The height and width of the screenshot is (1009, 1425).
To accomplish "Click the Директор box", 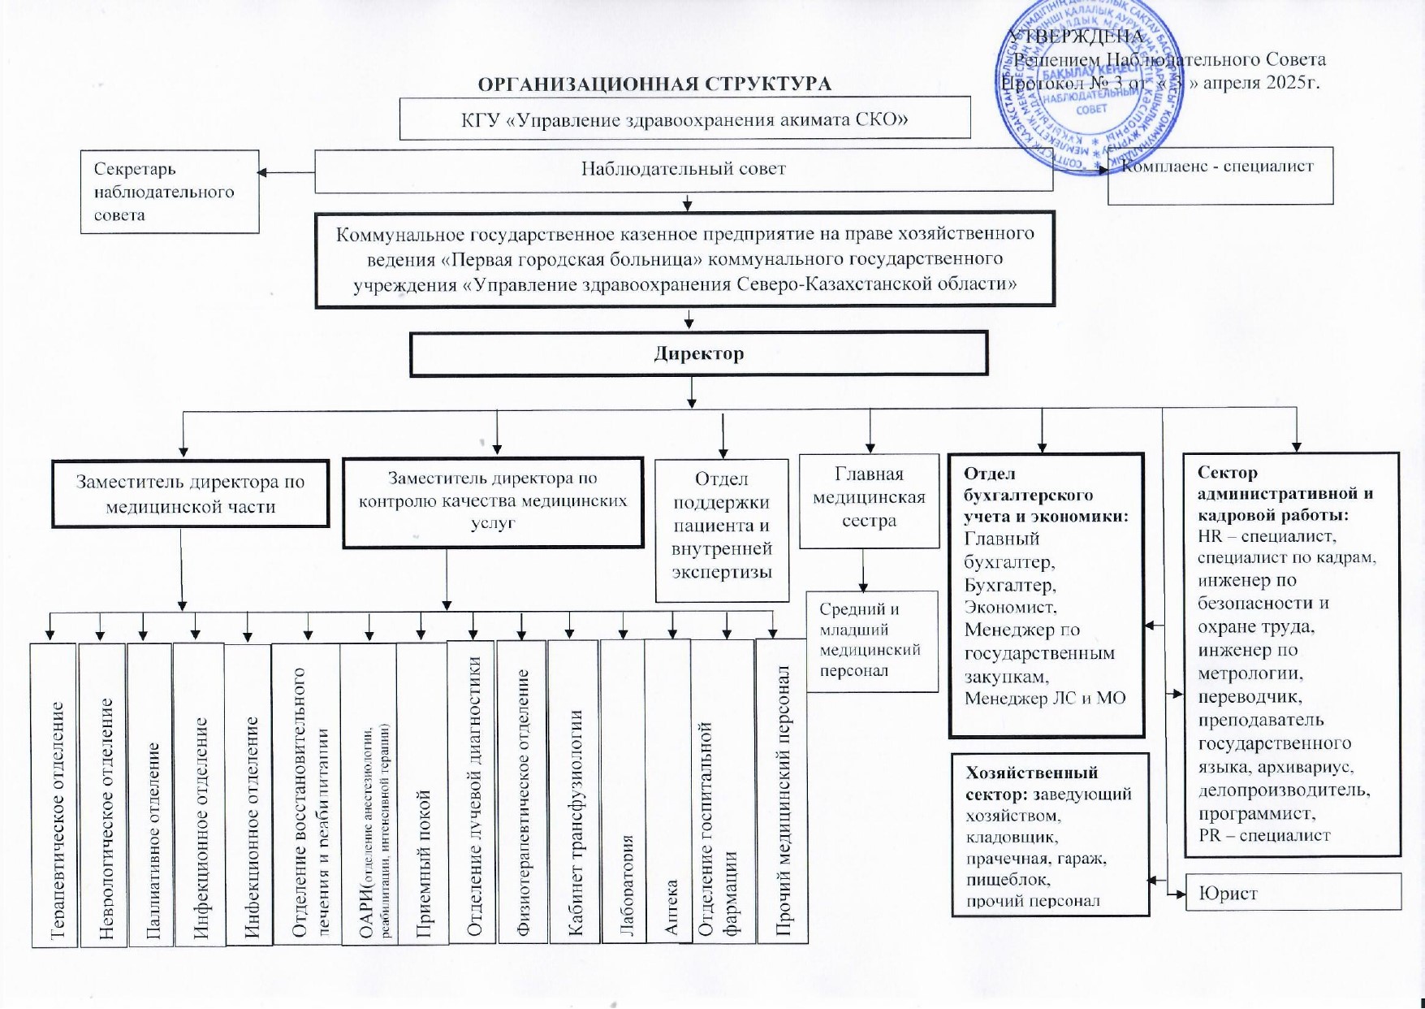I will click(x=698, y=353).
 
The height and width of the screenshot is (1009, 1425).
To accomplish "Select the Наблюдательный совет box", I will click(x=683, y=169).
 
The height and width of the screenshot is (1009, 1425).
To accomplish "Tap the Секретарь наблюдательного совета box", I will click(x=169, y=192).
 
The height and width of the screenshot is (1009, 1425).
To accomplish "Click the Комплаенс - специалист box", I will click(x=1220, y=175).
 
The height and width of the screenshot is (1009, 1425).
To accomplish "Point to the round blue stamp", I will click(x=1090, y=89).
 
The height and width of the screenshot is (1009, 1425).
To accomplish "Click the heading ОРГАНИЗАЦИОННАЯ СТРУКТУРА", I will click(x=654, y=84).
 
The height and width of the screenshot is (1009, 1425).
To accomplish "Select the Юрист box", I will click(x=1293, y=892).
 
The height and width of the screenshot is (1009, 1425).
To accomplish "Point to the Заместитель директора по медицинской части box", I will click(x=190, y=494).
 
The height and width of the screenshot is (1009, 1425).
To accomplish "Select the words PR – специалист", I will click(x=1263, y=835).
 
